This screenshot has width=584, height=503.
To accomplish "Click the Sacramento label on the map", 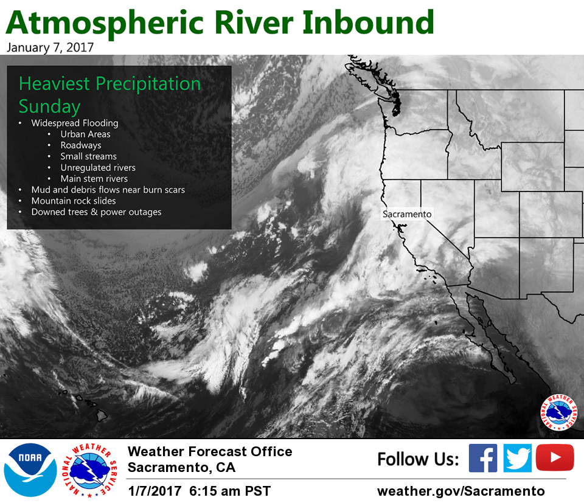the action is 407,214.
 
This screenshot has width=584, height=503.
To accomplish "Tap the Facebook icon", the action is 482,458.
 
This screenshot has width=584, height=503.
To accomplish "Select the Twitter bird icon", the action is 517,458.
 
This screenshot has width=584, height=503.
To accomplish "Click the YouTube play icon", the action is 555,457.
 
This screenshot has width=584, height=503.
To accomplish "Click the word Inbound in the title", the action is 368,23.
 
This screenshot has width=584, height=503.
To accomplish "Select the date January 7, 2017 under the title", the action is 50,47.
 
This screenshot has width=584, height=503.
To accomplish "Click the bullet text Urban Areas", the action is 85,134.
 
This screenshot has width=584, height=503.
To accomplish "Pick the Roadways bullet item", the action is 81,145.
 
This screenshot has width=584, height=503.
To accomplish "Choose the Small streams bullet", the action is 89,156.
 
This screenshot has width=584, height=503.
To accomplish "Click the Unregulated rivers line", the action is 98,167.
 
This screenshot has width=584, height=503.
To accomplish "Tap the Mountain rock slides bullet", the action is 74,201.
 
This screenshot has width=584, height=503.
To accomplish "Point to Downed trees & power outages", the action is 96,212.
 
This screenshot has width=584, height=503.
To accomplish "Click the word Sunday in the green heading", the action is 49,106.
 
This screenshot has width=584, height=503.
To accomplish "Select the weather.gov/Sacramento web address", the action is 461,491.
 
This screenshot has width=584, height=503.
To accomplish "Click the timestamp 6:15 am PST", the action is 230,491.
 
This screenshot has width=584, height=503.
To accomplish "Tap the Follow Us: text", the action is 419,459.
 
